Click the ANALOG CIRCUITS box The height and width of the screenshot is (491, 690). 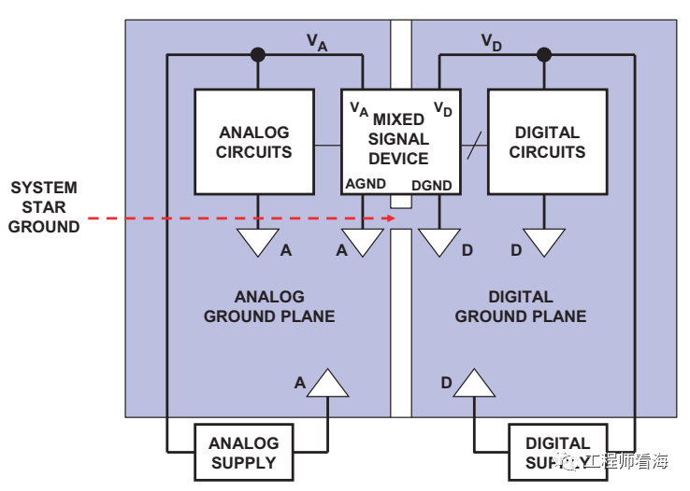point(254,142)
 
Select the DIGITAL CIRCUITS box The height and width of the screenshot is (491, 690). point(547,142)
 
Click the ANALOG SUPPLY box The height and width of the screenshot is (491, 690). point(243,453)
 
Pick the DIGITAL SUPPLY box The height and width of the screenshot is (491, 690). point(557,453)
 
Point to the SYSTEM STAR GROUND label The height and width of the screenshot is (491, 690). point(44,206)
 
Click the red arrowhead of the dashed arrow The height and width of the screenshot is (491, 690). point(393,220)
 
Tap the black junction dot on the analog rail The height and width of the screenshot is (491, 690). point(258,55)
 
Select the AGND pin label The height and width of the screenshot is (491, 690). point(366,184)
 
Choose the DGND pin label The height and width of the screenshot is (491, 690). point(432,185)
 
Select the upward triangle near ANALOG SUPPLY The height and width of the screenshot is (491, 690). point(328,384)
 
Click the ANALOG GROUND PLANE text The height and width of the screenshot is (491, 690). point(269,306)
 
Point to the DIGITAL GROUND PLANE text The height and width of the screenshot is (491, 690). point(521,306)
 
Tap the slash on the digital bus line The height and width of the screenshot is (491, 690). point(475,145)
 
